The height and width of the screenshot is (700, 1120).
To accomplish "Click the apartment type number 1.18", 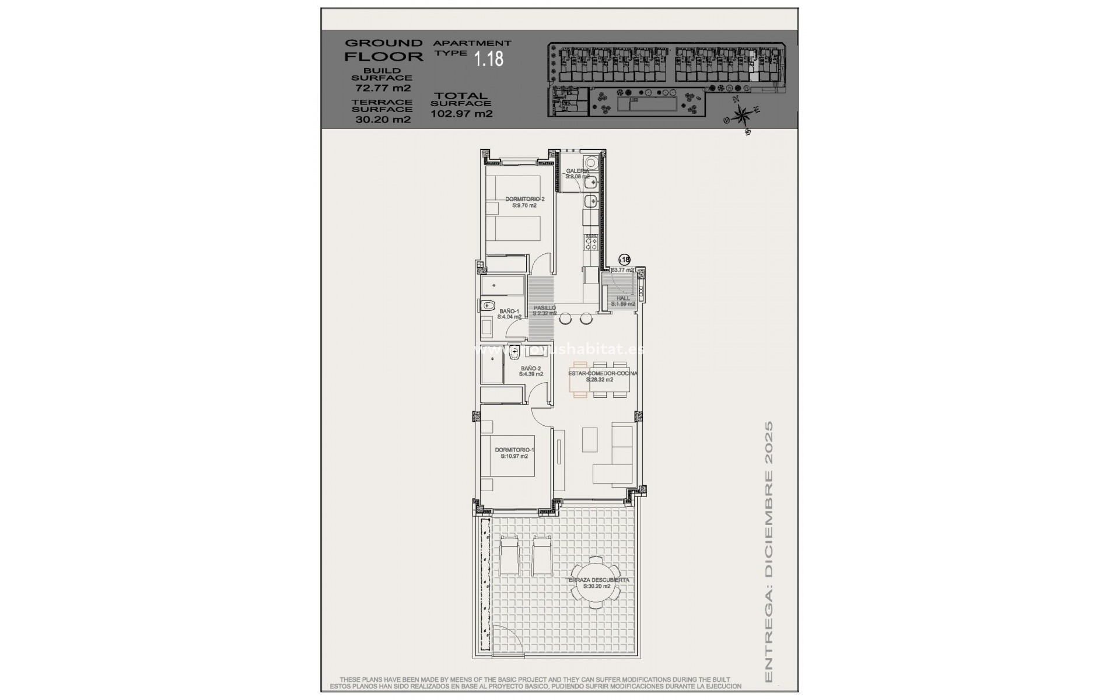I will click(488, 59).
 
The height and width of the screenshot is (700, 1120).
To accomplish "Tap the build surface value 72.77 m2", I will click(383, 89).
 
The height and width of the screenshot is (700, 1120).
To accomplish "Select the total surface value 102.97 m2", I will click(461, 114).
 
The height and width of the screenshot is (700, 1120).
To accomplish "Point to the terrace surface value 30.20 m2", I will click(383, 120).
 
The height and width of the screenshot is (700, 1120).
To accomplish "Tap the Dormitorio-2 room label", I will click(524, 202).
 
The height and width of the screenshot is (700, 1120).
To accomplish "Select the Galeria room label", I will click(577, 173).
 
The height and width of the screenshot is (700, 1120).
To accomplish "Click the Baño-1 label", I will click(509, 314).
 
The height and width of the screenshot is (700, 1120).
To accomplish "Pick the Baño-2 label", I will click(531, 371).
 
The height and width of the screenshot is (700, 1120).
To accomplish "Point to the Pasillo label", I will click(544, 310).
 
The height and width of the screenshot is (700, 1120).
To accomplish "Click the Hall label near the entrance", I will click(623, 301).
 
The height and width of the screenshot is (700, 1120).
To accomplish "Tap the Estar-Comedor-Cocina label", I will click(603, 376).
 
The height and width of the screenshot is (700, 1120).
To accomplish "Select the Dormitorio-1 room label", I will click(514, 453).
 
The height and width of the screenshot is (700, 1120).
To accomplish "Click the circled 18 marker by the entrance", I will click(624, 259).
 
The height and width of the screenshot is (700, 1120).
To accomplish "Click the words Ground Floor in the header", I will click(383, 50).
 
